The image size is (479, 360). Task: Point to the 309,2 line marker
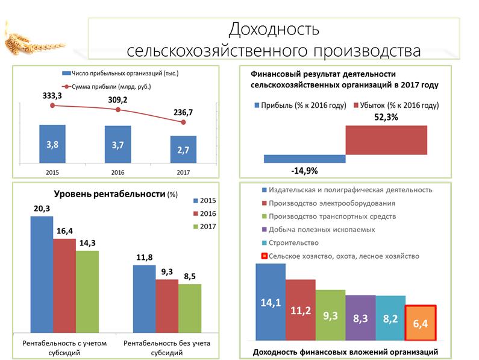point(118,110)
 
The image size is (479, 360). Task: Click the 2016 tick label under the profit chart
point(117,172)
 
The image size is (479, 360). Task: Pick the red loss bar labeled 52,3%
point(386,140)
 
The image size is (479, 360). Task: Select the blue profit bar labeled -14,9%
point(304,159)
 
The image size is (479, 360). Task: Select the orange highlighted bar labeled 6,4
point(421,324)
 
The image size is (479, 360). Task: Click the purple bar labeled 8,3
point(360,318)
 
